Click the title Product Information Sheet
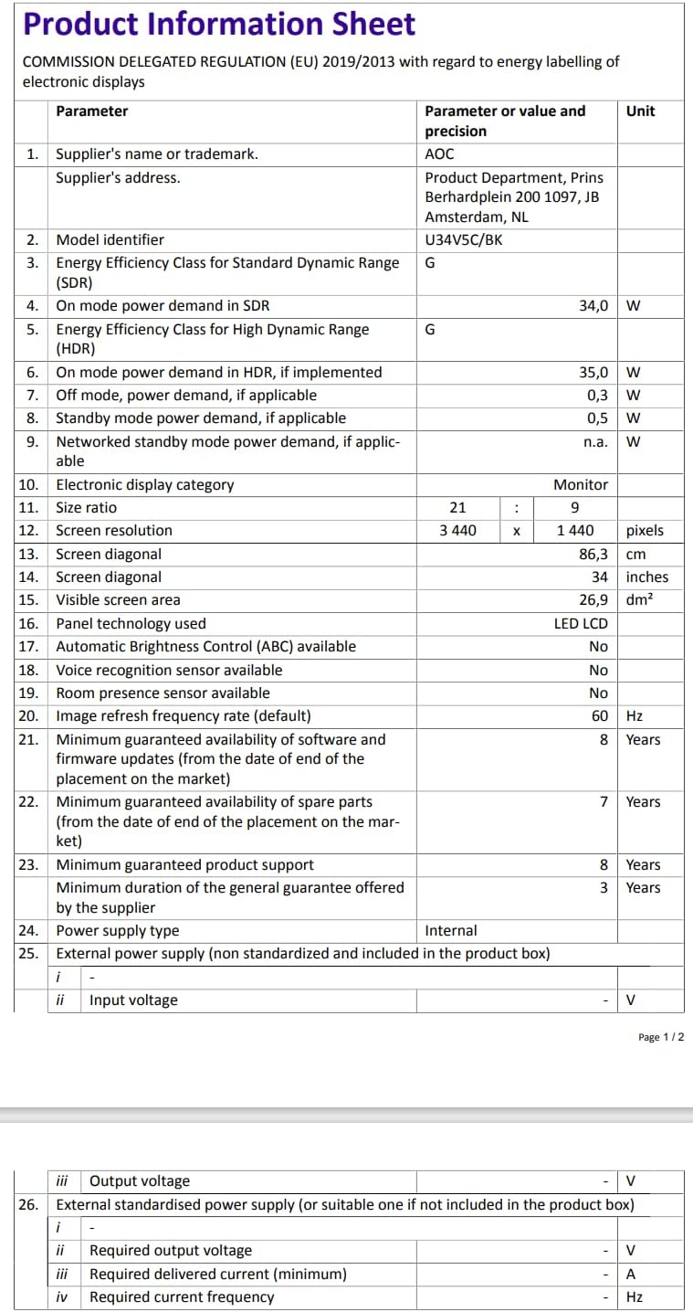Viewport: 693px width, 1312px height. [x=219, y=24]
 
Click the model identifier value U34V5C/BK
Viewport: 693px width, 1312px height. [x=463, y=240]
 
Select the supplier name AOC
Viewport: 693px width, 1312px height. [x=439, y=154]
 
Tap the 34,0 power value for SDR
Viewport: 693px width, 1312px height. [x=593, y=306]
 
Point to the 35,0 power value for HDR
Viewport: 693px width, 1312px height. [x=593, y=373]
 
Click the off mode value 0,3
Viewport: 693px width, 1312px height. [x=597, y=396]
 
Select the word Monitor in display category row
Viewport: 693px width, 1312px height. [x=580, y=485]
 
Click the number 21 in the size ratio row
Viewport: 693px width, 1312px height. [x=457, y=508]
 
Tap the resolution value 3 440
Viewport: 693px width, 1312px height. [x=457, y=531]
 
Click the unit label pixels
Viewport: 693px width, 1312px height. [x=645, y=531]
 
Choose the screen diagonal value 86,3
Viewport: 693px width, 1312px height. [x=593, y=555]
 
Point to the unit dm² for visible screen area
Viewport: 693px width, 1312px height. [x=639, y=600]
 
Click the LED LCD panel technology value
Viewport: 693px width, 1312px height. [x=581, y=624]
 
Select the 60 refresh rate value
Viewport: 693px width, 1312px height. [x=599, y=716]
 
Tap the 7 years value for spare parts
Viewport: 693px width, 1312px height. [x=604, y=802]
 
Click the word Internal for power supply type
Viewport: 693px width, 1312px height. [x=451, y=931]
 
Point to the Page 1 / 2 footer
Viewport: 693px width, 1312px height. [x=661, y=1037]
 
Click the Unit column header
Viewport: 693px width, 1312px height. [x=640, y=111]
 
